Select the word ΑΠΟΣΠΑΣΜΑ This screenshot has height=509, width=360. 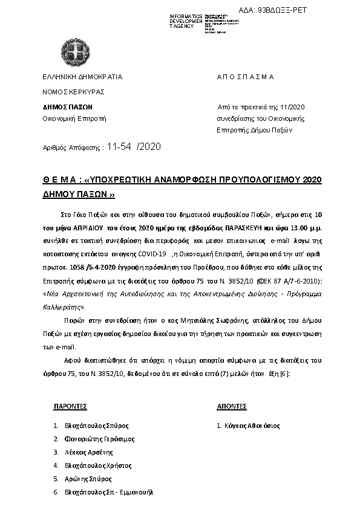(245, 77)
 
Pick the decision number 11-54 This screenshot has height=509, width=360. (119, 146)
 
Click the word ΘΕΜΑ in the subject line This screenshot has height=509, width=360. (59, 180)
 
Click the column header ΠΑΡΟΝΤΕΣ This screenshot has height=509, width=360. (71, 406)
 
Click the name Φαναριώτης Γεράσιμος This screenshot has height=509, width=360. (99, 439)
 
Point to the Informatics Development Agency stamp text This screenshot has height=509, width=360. (186, 21)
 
